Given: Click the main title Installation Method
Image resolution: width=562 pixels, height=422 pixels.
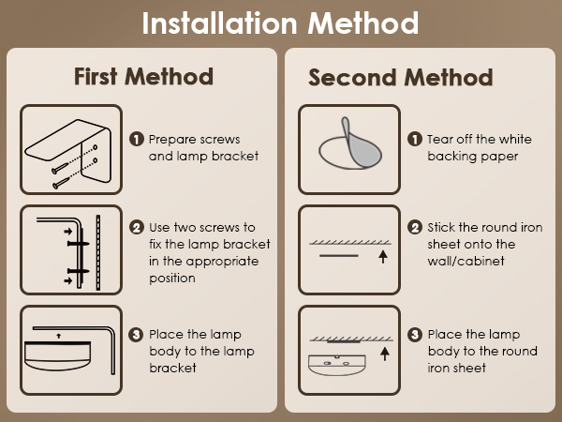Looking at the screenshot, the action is (280, 23).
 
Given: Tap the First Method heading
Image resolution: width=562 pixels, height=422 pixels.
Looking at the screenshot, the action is (143, 77).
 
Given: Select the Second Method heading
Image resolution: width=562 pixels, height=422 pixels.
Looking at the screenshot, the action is (401, 77).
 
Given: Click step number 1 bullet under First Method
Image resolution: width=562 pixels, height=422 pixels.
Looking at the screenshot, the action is (136, 139).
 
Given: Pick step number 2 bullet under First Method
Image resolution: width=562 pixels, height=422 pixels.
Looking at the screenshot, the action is (136, 227).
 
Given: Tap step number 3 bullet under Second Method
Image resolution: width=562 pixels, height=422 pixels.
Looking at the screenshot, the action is (415, 335).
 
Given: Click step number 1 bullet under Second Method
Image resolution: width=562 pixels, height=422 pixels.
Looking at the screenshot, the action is (415, 139).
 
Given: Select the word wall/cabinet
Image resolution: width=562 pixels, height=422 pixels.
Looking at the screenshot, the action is (466, 261).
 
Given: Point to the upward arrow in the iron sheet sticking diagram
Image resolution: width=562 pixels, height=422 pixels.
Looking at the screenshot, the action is (383, 257).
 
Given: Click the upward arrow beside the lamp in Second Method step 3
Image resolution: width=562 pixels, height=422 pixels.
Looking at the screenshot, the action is (385, 354).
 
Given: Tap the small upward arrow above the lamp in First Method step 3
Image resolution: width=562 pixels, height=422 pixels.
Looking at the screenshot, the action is (59, 336).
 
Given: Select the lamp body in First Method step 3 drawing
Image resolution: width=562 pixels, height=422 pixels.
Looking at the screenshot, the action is (57, 356).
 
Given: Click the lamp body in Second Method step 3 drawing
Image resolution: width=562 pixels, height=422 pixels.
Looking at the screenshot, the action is (337, 365).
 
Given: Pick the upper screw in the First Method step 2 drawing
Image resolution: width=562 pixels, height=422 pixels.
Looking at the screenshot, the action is (78, 244).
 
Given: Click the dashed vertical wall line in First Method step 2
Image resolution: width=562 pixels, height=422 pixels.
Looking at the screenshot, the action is (97, 252).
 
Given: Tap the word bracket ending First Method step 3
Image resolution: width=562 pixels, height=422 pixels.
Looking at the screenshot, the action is (172, 368).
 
